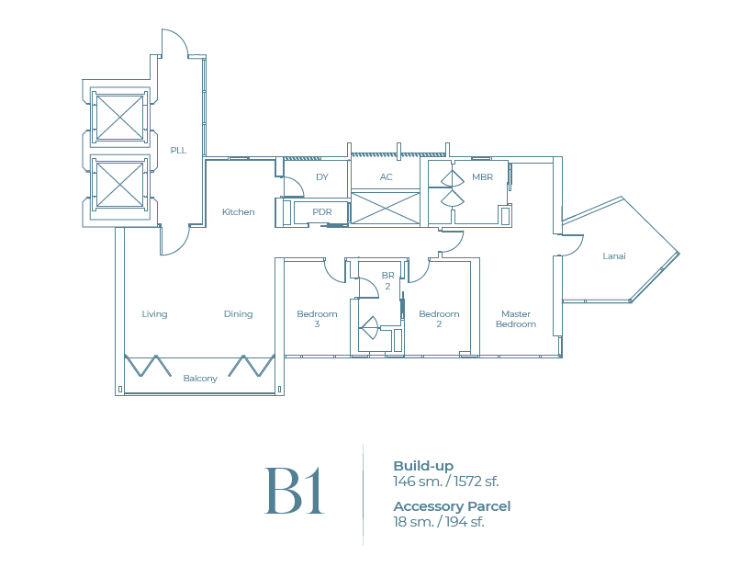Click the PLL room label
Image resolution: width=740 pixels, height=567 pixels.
[x=178, y=150]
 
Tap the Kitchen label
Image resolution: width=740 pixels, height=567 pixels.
[x=238, y=212]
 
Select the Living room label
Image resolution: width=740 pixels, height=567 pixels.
[x=154, y=314]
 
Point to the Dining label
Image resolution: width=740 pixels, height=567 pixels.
[x=238, y=314]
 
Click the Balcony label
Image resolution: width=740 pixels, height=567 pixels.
[x=200, y=379]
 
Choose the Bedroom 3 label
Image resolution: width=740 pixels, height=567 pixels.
[x=317, y=319]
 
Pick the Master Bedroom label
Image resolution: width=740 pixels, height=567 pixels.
[x=515, y=319]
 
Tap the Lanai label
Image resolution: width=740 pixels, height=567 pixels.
[x=614, y=256]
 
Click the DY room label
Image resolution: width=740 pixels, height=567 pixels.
[x=322, y=176]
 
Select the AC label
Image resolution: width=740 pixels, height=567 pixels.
[x=387, y=176]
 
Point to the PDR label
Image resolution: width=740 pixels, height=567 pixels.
[x=322, y=212]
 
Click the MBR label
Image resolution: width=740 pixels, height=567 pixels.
[x=482, y=176]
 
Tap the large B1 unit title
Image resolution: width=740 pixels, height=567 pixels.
[x=295, y=492]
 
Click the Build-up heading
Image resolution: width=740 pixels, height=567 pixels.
[x=423, y=466]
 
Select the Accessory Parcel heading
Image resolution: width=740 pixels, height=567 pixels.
[x=452, y=506]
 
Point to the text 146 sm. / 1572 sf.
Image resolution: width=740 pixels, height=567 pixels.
[x=446, y=482]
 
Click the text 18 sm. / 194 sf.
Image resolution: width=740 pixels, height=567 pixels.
[x=439, y=522]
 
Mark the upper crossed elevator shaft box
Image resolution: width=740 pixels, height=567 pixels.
[x=120, y=117]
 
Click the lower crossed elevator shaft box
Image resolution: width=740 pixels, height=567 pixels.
[x=120, y=184]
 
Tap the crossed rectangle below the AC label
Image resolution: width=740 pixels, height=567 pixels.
[x=386, y=208]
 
